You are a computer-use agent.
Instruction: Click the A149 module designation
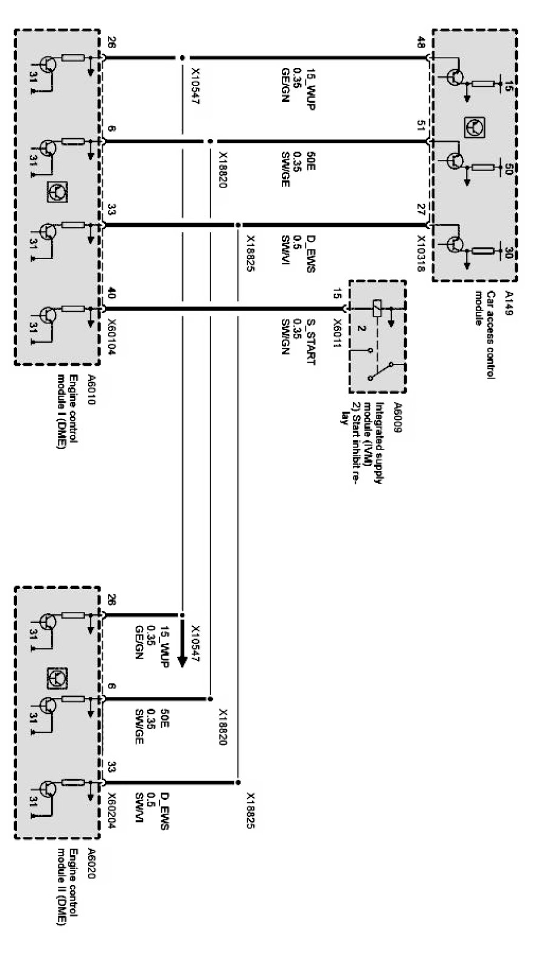[507, 298]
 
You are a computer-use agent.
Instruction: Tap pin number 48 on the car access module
[421, 43]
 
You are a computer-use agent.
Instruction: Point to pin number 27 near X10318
[421, 210]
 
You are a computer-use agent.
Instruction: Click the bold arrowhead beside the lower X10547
[182, 660]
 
